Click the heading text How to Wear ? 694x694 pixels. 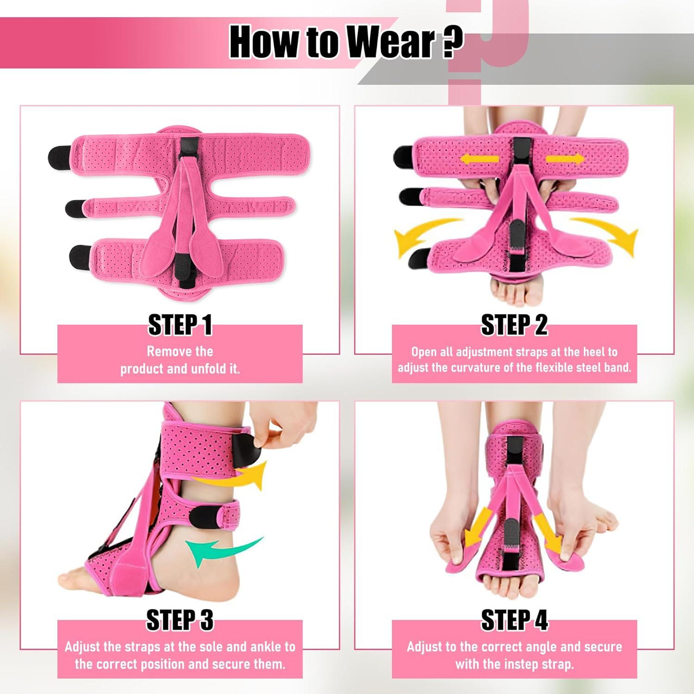coord(346,43)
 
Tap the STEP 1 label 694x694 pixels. coord(180,325)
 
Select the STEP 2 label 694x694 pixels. coord(514,325)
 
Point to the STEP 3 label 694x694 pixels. coord(180,620)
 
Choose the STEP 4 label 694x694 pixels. coord(514,620)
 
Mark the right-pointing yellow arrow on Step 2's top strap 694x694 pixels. coord(564,159)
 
